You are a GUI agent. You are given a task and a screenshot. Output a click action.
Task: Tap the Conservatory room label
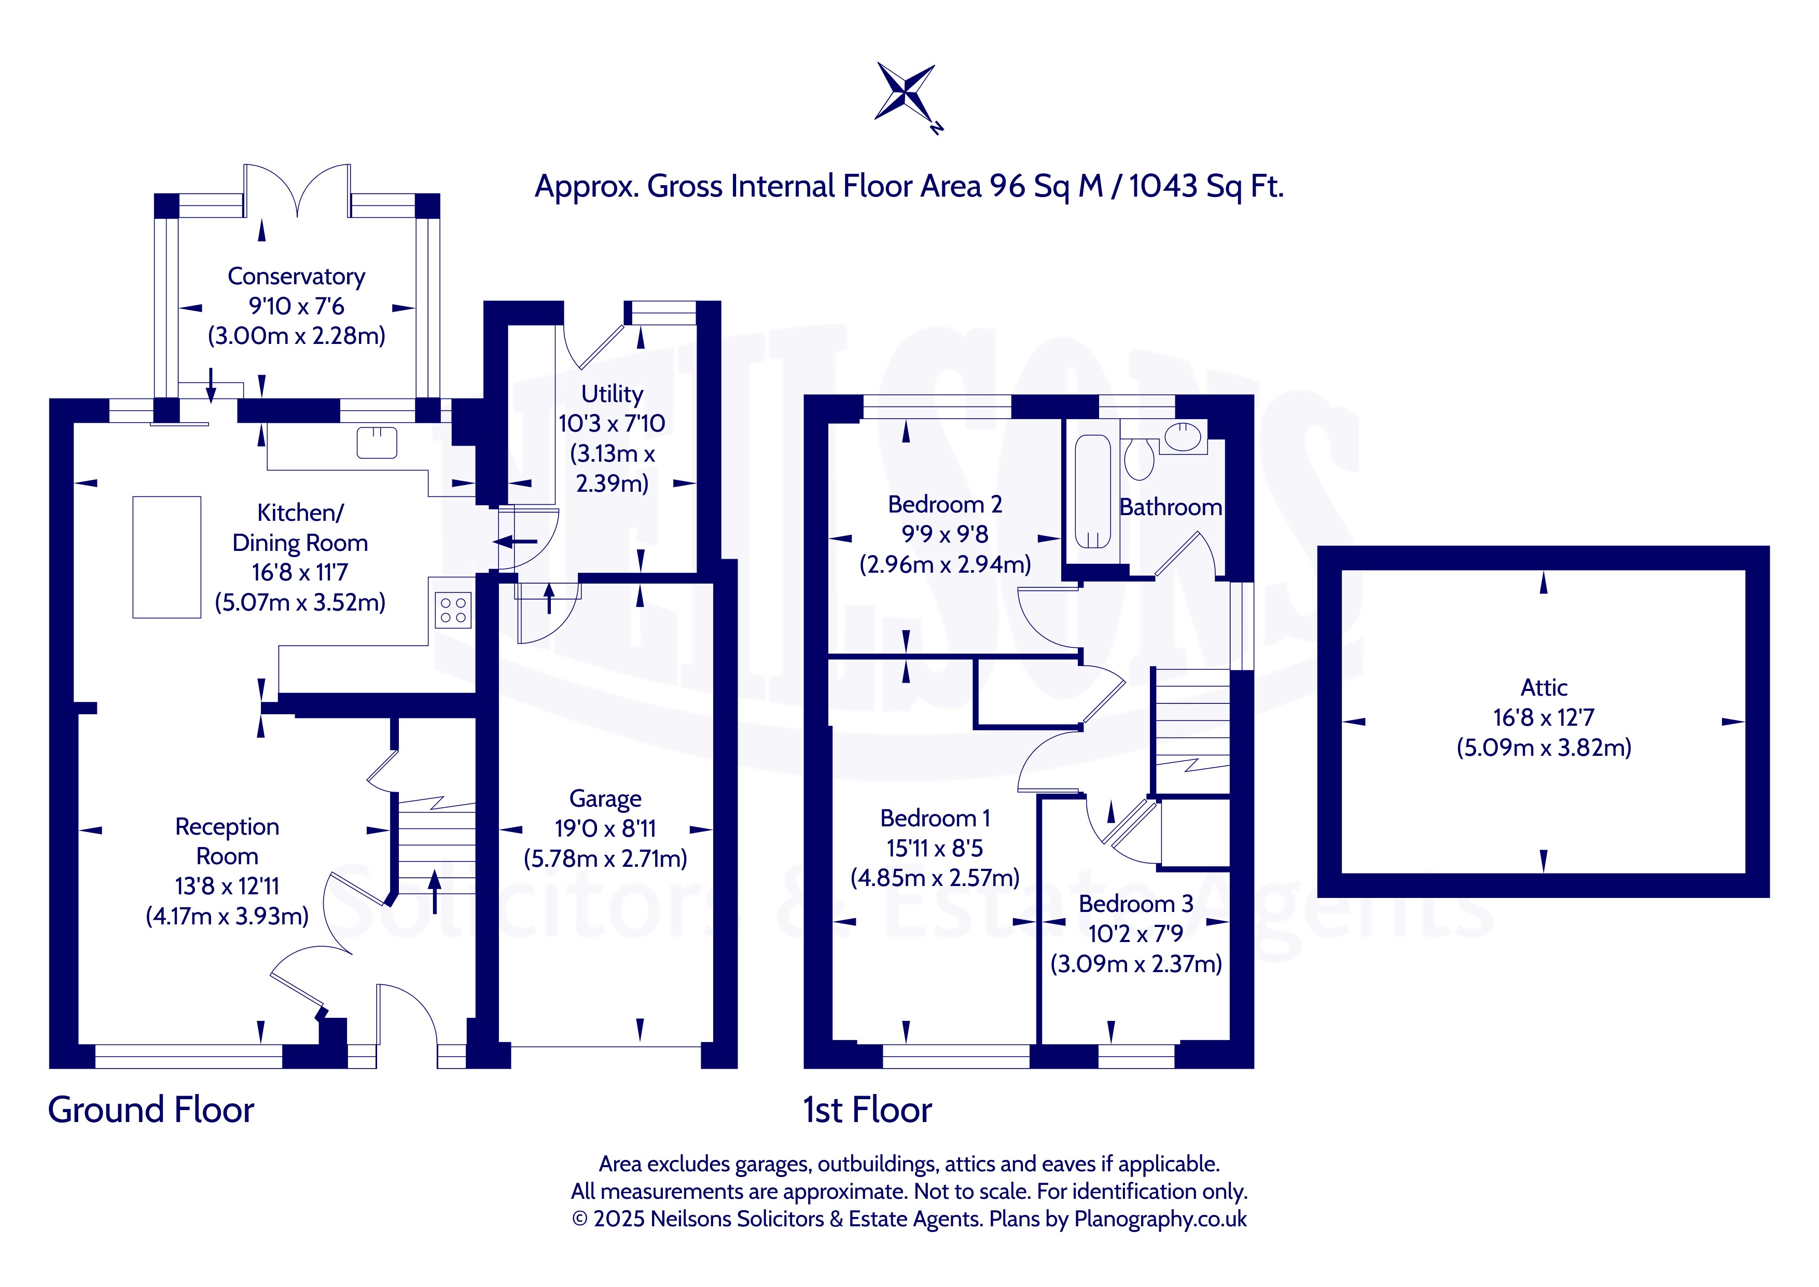[x=296, y=276]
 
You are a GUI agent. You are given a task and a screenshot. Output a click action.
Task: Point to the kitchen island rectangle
[x=166, y=557]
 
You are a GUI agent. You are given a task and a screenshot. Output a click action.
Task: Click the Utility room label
[x=612, y=394]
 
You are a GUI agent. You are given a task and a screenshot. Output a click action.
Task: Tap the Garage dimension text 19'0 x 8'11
[x=605, y=829]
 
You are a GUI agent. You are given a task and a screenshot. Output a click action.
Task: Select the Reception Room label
[x=227, y=841]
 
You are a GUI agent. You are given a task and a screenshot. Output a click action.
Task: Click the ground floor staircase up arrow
[x=434, y=892]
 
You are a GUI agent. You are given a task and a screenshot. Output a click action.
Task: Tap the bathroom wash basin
[x=1183, y=437]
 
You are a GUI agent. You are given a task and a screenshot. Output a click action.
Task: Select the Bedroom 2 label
[x=945, y=505]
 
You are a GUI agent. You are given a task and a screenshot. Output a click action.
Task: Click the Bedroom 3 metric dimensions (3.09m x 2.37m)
[x=1136, y=964]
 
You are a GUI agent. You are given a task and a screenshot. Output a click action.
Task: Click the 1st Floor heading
[x=868, y=1110]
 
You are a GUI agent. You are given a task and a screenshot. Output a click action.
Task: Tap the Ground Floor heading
[x=151, y=1110]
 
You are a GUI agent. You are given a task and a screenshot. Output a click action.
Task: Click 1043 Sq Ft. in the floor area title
[x=1206, y=187]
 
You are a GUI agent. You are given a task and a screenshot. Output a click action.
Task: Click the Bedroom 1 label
[x=935, y=819]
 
